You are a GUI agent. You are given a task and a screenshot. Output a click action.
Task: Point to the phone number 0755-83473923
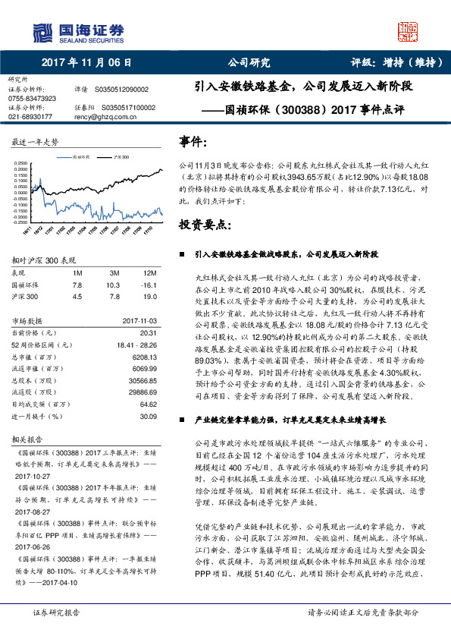tap(32, 99)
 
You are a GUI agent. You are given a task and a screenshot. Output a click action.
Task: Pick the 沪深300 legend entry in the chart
tap(120, 157)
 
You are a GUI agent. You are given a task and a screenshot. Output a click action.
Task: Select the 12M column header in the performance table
tap(149, 272)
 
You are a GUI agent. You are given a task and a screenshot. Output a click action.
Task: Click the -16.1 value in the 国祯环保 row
tap(148, 284)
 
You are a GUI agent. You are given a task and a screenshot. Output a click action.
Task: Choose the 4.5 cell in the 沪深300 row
tap(77, 297)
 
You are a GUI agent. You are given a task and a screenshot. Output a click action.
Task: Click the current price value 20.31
tap(148, 332)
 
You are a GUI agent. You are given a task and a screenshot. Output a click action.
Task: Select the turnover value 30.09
tap(148, 416)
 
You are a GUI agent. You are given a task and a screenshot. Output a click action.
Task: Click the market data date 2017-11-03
tap(138, 321)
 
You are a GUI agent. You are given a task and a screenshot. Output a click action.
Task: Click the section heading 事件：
tap(193, 142)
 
